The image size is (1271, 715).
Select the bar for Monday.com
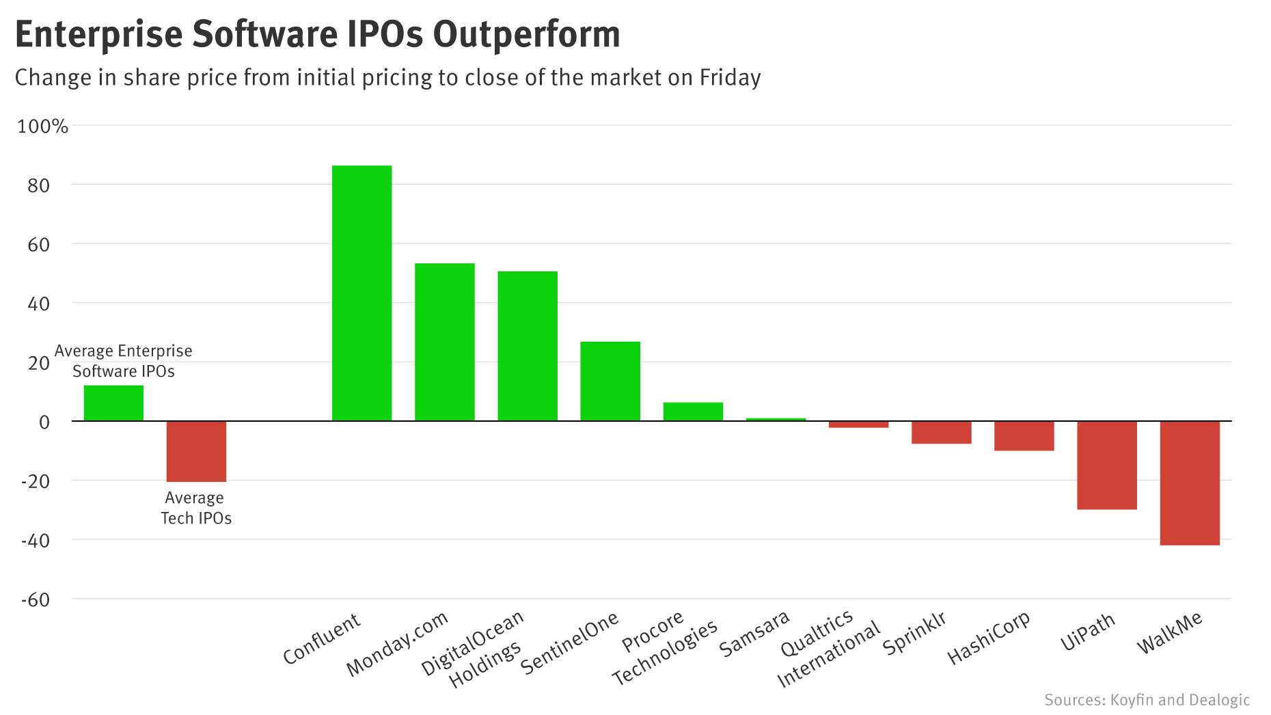click(444, 342)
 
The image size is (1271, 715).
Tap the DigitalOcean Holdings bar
click(527, 346)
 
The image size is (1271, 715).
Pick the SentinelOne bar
click(610, 381)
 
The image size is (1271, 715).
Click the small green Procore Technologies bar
click(693, 412)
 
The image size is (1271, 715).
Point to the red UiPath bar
click(1107, 465)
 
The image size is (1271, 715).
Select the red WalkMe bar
click(1190, 483)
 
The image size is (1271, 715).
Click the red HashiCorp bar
click(1024, 435)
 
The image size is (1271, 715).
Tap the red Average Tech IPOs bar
click(196, 451)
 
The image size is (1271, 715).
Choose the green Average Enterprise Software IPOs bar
click(113, 403)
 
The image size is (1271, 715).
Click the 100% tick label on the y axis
click(42, 126)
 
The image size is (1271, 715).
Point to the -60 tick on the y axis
click(36, 599)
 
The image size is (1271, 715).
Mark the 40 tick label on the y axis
click(40, 303)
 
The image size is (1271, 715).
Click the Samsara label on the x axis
click(754, 634)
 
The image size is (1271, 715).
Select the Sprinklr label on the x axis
click(914, 634)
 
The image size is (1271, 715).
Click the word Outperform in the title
click(526, 34)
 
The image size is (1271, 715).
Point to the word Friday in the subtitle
click(730, 77)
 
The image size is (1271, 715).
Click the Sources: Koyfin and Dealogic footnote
click(1147, 700)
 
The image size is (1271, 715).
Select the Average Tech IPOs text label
click(195, 508)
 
